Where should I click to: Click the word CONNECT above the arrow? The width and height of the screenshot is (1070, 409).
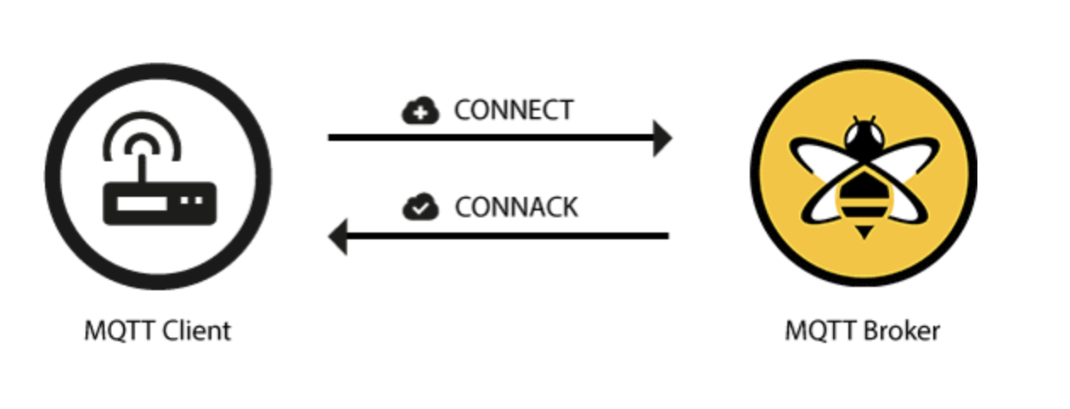(x=514, y=110)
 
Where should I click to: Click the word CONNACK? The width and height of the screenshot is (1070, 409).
(x=516, y=208)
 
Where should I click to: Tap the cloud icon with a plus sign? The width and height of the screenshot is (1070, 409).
(x=420, y=110)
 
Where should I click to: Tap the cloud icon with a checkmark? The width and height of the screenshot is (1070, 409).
(x=420, y=207)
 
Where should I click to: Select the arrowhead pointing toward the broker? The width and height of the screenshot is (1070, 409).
(x=662, y=138)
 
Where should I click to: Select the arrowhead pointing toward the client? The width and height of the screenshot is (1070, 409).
(x=338, y=237)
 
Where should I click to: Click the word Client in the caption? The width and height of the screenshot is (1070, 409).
(x=197, y=331)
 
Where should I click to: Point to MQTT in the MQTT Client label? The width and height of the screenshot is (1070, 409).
(x=120, y=331)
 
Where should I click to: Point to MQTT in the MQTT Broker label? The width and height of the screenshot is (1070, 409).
(x=821, y=331)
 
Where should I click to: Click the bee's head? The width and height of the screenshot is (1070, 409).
(x=864, y=136)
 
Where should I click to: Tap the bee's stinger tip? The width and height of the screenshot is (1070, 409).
(x=864, y=238)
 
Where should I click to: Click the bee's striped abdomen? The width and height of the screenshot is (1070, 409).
(x=864, y=198)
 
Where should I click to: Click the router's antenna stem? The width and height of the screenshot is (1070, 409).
(x=141, y=169)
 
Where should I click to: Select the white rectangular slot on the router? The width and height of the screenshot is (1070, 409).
(x=141, y=204)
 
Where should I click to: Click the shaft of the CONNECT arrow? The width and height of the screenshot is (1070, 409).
(x=491, y=138)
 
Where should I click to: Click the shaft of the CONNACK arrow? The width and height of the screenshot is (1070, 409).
(x=508, y=236)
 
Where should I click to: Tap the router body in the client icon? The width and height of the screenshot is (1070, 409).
(x=160, y=204)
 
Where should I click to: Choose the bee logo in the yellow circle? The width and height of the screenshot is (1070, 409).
(x=864, y=177)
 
